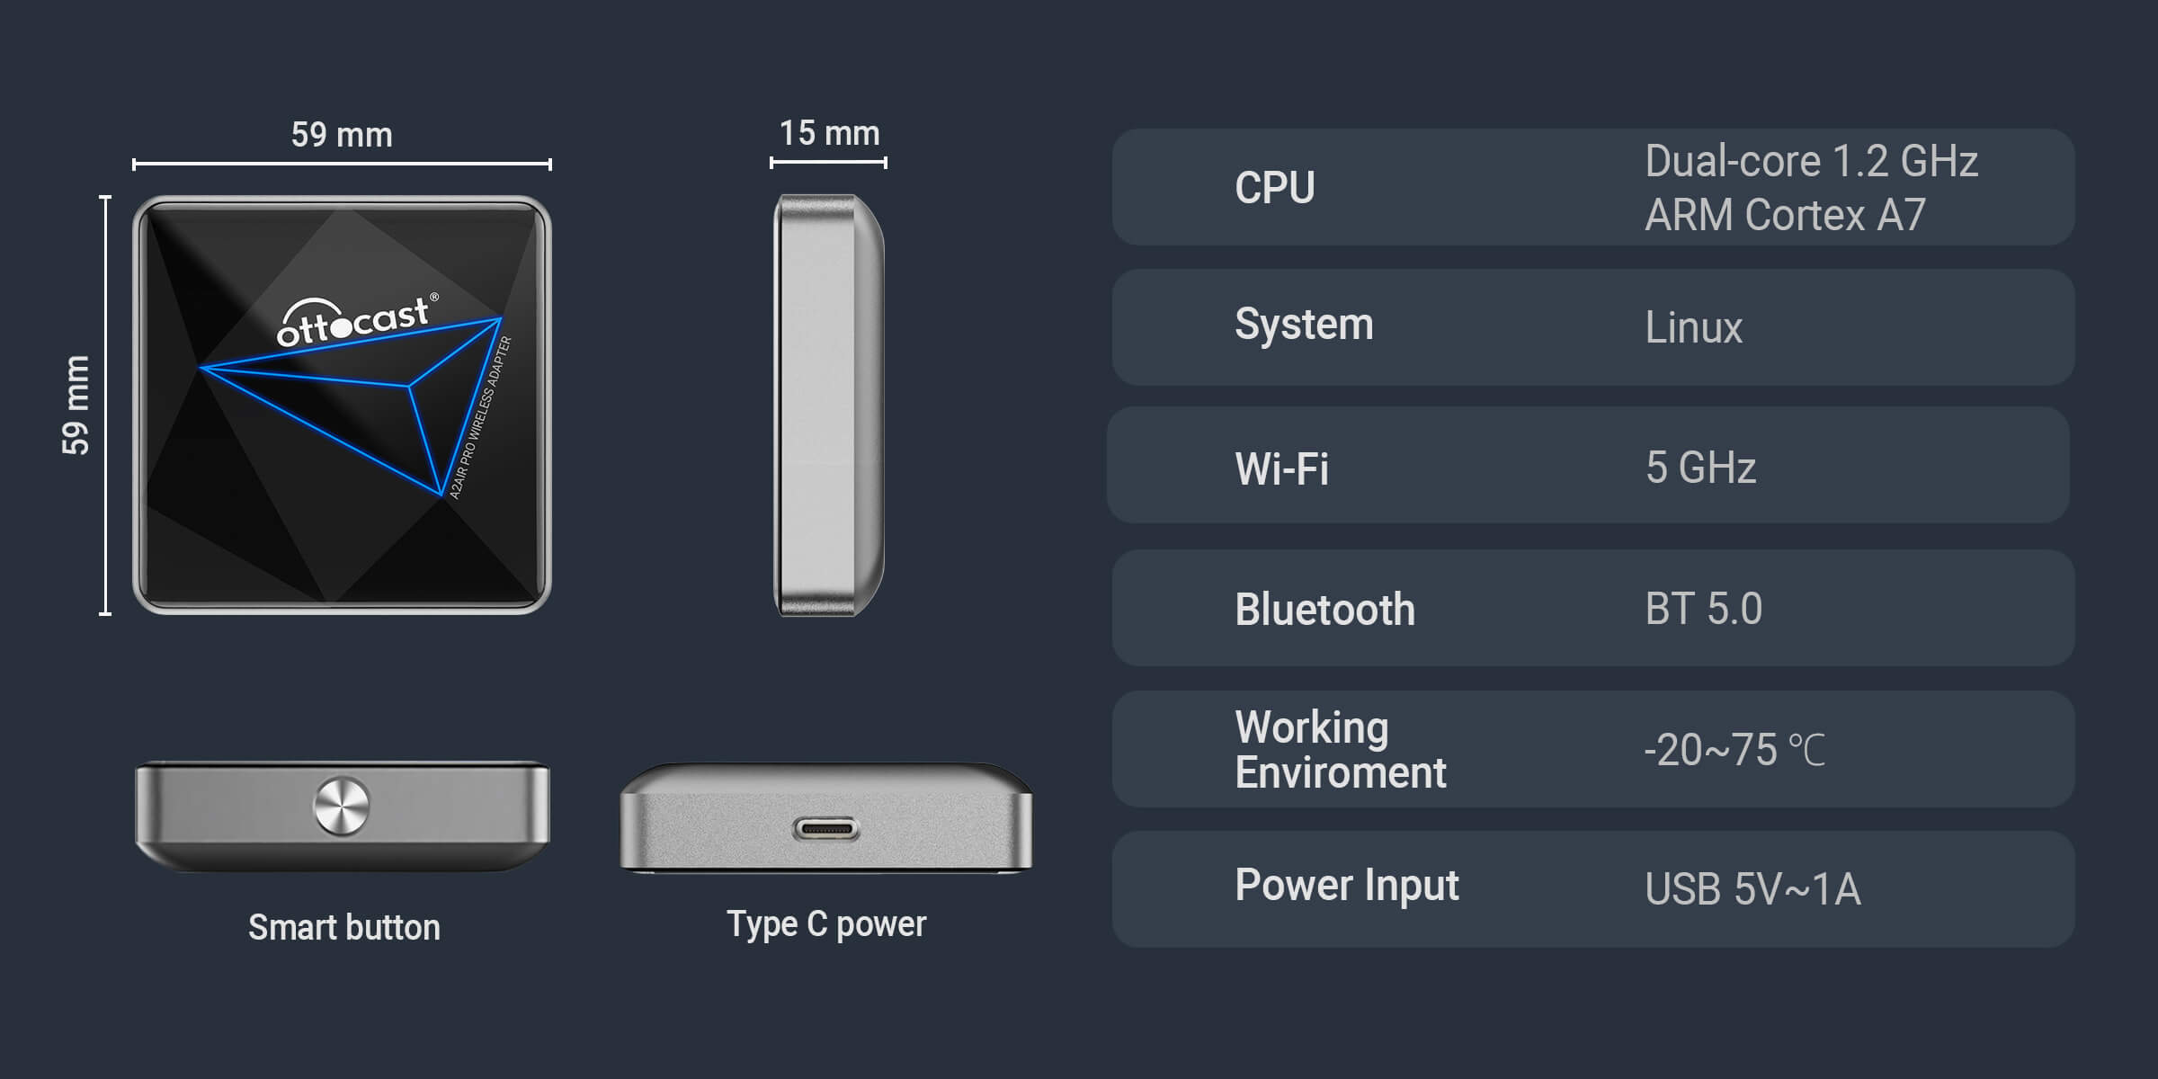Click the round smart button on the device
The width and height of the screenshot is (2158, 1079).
(x=341, y=806)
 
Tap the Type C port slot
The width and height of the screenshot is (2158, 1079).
(x=825, y=829)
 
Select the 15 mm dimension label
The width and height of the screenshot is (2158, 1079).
(x=829, y=133)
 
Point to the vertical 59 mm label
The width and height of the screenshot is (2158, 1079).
(x=76, y=405)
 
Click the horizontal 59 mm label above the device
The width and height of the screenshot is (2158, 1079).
(x=342, y=135)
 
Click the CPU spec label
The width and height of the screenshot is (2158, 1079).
(x=1274, y=188)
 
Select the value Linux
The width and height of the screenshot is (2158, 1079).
(x=1693, y=327)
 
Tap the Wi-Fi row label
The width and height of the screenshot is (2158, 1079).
(x=1281, y=468)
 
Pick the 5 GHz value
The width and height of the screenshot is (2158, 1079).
(x=1700, y=468)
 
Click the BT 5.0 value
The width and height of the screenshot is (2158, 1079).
(x=1703, y=609)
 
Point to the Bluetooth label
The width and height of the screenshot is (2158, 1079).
(x=1324, y=610)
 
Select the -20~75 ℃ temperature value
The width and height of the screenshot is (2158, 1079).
(x=1734, y=750)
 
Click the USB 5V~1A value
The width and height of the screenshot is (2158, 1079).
(x=1752, y=889)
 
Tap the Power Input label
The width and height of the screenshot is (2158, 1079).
(x=1347, y=886)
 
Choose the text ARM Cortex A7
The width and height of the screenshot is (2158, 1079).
(x=1785, y=216)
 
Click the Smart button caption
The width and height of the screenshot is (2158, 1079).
(x=344, y=927)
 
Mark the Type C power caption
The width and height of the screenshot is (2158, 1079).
(x=826, y=924)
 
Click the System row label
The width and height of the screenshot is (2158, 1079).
(x=1304, y=325)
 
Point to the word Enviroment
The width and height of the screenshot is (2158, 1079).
(x=1341, y=773)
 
